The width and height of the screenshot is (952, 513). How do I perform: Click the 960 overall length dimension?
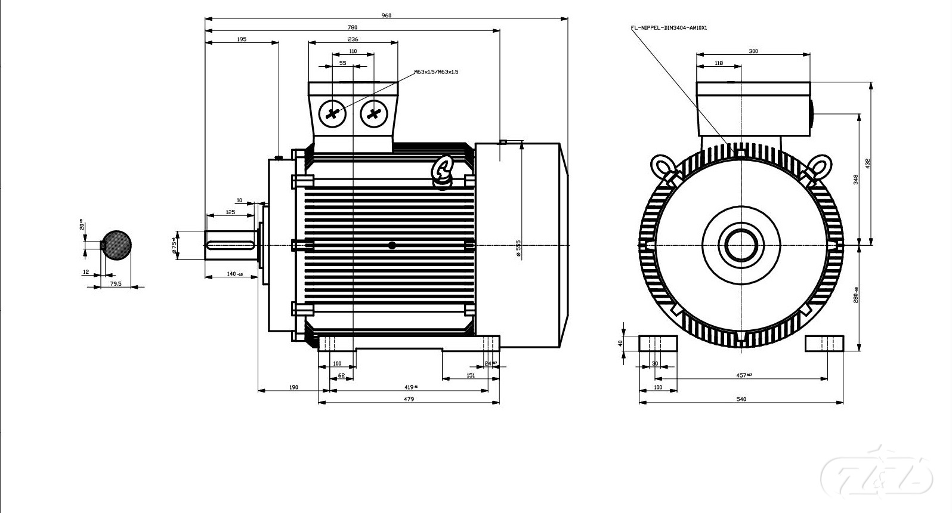coord(387,15)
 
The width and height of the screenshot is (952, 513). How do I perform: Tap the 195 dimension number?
coord(242,39)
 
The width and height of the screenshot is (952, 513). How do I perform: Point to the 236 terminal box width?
coord(353,39)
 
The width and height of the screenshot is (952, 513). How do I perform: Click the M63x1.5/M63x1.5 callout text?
coord(437,72)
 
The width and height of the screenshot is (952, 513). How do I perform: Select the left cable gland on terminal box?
coord(332,113)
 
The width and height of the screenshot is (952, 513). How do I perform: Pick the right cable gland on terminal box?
coord(373,113)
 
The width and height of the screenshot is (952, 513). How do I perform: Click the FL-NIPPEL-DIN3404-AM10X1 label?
coord(669,27)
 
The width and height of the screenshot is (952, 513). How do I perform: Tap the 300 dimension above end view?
coord(753,51)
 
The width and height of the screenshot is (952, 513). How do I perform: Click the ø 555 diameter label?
coord(518,249)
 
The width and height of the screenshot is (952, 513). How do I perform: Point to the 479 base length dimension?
coord(409,399)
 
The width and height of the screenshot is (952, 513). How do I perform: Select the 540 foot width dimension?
coord(741,399)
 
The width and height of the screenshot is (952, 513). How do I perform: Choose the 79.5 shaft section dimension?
coord(116,283)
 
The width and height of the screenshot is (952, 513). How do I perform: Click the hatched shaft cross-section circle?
coord(116,245)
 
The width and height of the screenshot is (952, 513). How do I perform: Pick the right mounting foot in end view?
coord(824,344)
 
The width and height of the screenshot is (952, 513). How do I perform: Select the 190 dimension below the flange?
coord(293,387)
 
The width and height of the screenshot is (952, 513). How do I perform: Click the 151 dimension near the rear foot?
coord(471,375)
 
